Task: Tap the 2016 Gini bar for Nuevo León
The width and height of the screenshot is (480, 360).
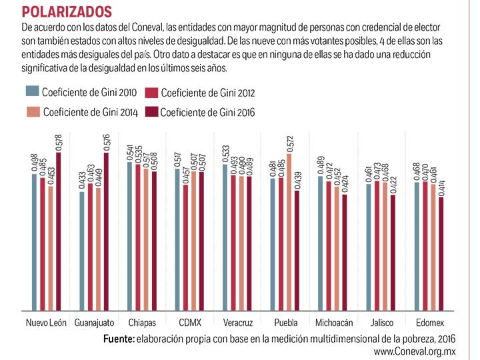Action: pos(59,231)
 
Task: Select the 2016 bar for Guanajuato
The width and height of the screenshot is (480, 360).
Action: pos(107,231)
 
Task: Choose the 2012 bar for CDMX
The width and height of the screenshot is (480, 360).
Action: pos(187,247)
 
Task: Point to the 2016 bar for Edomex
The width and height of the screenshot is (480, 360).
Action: pos(441,253)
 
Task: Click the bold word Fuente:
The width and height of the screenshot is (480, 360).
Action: pos(119,339)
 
